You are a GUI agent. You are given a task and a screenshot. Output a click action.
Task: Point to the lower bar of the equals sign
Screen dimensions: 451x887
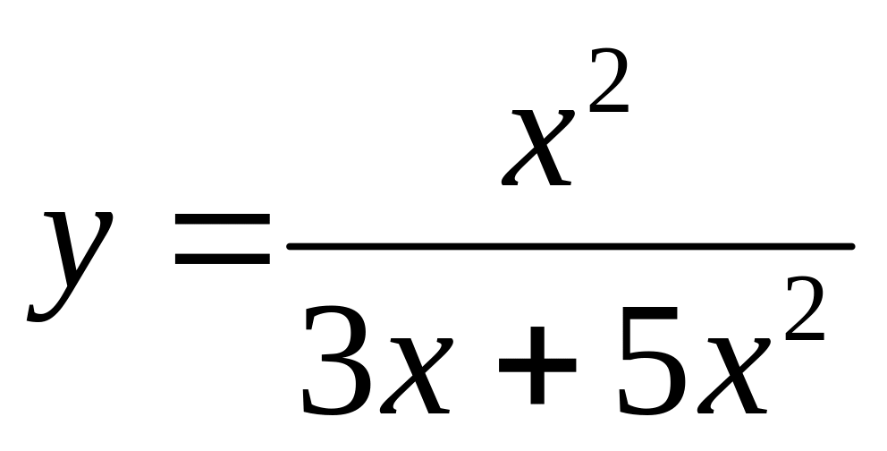(222, 261)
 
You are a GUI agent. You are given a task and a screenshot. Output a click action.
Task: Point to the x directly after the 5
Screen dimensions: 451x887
(733, 376)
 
